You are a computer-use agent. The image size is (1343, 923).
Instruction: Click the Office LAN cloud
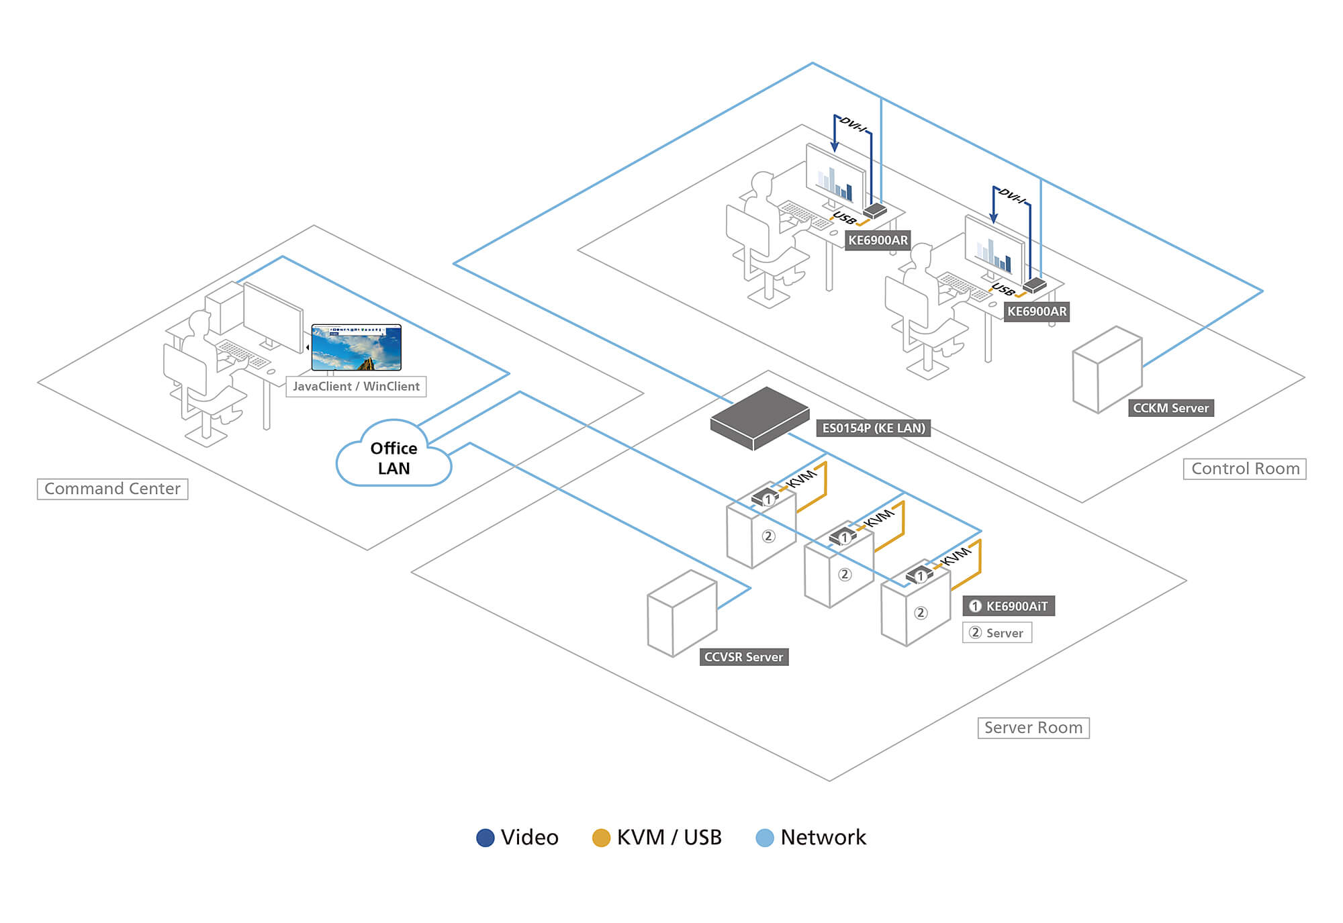pos(393,456)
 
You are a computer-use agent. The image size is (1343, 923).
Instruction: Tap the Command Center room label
pos(112,489)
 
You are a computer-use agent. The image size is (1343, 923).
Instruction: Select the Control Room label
pos(1244,469)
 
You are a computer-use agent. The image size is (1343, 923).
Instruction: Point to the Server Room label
pos(1033,728)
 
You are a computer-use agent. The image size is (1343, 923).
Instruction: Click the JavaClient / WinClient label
pos(356,387)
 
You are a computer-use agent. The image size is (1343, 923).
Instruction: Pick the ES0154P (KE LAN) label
pos(873,428)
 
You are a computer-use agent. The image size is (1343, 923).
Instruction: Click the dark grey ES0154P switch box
pos(759,418)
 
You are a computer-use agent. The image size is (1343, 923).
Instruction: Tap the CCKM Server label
pos(1170,408)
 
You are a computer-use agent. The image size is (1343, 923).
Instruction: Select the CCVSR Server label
pos(743,657)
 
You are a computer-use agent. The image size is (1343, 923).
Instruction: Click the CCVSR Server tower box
pos(682,614)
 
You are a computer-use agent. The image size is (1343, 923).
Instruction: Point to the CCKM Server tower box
pos(1107,369)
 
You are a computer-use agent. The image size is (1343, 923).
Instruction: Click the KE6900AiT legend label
pos(1009,606)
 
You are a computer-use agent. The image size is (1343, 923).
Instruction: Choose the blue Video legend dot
pos(485,838)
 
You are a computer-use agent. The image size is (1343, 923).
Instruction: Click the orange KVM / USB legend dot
pos(601,838)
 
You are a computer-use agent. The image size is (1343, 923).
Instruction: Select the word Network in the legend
pos(823,838)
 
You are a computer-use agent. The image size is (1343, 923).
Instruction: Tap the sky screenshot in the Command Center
pos(357,348)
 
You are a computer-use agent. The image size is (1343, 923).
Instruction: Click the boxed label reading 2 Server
pos(997,633)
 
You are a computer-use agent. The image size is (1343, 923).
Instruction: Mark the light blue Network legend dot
pos(764,838)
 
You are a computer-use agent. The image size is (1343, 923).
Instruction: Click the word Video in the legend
pos(529,838)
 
